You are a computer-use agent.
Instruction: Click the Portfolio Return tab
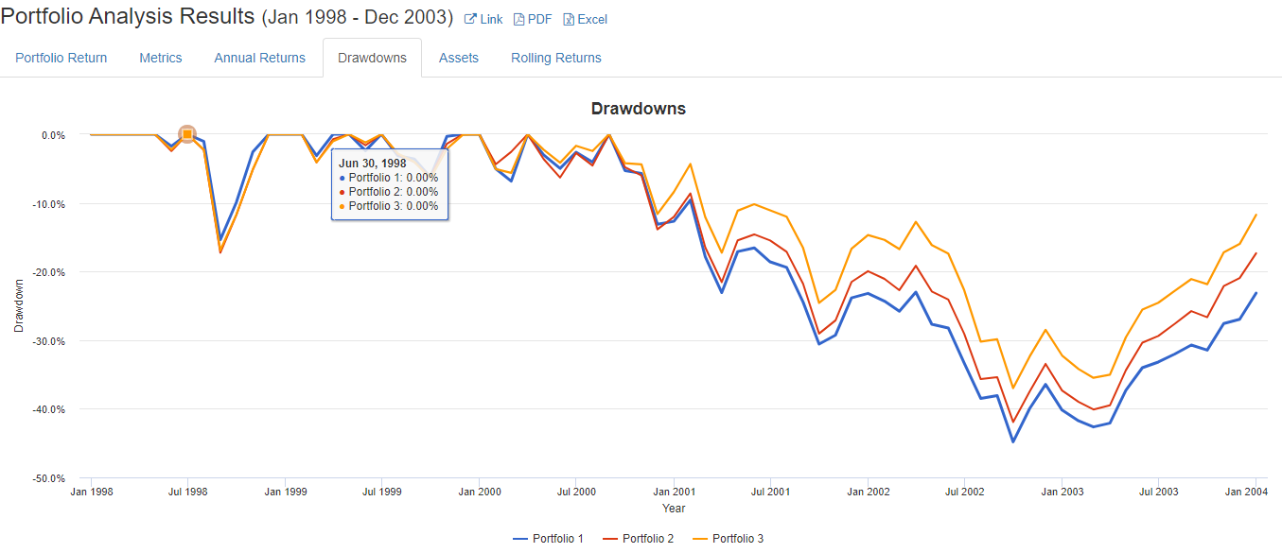pyautogui.click(x=61, y=58)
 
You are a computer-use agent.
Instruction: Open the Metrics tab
pyautogui.click(x=161, y=58)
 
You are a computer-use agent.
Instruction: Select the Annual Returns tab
pyautogui.click(x=260, y=58)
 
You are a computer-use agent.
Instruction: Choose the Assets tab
pyautogui.click(x=459, y=58)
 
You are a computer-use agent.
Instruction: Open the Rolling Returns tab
pyautogui.click(x=556, y=58)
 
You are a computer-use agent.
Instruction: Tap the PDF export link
pyautogui.click(x=533, y=19)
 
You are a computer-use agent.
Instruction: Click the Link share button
pyautogui.click(x=483, y=19)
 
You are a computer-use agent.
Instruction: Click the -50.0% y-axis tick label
pyautogui.click(x=49, y=478)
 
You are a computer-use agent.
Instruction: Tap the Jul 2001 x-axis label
pyautogui.click(x=771, y=492)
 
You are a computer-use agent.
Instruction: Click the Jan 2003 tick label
pyautogui.click(x=1062, y=492)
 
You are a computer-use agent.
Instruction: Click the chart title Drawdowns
pyautogui.click(x=639, y=109)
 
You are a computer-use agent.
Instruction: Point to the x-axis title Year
pyautogui.click(x=674, y=509)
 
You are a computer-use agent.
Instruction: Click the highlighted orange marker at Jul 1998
pyautogui.click(x=187, y=134)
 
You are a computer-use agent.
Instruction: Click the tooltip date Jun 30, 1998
pyautogui.click(x=373, y=164)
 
